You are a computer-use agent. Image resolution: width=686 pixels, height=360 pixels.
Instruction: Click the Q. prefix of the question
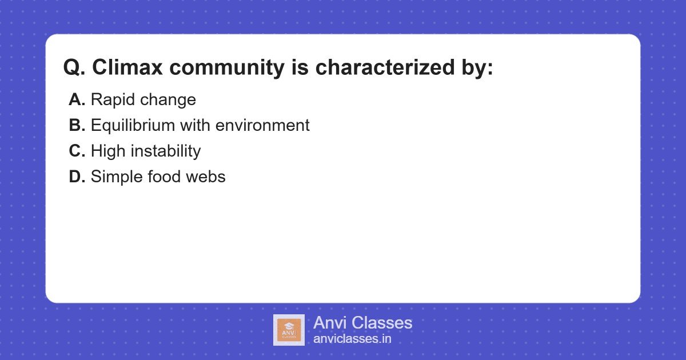tap(74, 67)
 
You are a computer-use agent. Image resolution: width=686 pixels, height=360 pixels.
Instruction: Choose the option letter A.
tap(77, 100)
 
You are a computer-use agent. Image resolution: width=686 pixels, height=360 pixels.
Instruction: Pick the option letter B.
tap(77, 126)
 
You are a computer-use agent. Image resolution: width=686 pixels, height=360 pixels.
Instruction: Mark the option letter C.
tap(77, 151)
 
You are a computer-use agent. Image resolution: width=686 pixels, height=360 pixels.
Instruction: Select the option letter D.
tap(77, 177)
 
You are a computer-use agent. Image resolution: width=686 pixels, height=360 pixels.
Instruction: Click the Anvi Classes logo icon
tap(289, 330)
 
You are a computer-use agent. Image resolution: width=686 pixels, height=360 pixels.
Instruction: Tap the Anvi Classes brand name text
tap(362, 323)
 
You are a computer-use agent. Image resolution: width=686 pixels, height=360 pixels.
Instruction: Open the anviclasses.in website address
tap(352, 339)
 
